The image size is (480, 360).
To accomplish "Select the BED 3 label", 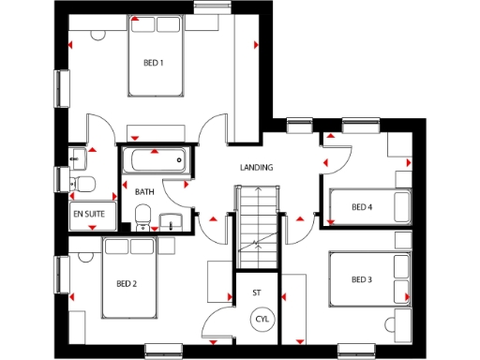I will coord(362,279).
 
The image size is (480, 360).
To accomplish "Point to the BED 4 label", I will coord(362,207).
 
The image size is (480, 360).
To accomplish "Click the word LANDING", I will coord(257,168).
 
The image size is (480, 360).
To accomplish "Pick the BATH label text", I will coord(144,192).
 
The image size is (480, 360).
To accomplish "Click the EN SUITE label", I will coord(88,214).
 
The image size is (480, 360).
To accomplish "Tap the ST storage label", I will coord(256,293).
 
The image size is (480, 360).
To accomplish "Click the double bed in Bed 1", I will coord(160,58).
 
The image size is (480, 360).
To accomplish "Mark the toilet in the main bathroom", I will coord(142,217).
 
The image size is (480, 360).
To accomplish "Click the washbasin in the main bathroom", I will coord(170,221).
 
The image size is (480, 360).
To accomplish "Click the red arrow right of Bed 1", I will coord(255,44).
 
